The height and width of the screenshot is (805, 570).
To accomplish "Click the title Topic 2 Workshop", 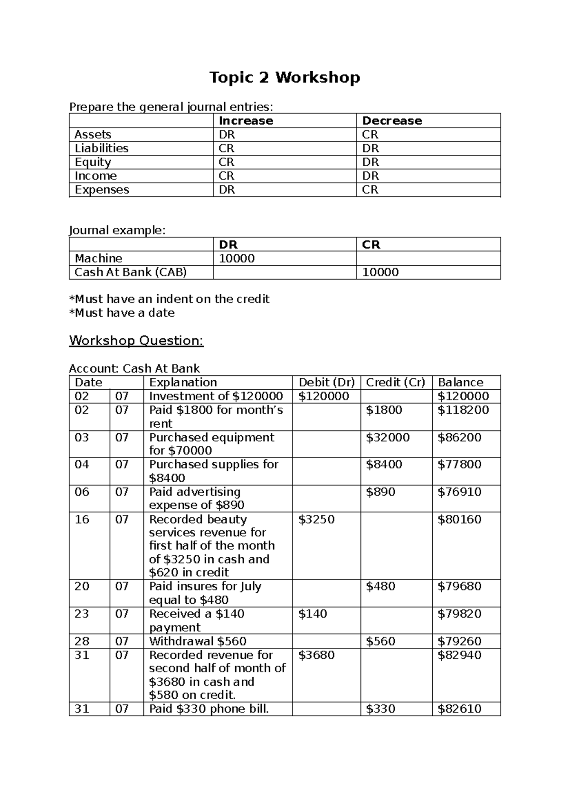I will coord(285,77).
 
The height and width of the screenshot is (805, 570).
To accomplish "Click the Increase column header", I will coord(246,121).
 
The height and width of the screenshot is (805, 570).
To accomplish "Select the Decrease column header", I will coord(392,121).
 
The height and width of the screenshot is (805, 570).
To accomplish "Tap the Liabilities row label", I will coord(102,148).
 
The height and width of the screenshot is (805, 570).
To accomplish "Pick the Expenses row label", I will coord(102,189).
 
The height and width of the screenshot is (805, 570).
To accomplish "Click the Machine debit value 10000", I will coord(237,258).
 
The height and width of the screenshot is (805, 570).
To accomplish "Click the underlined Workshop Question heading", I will coord(136,340).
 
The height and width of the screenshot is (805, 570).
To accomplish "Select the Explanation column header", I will coord(183,382).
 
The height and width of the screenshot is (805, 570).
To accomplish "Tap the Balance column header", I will coord(460,382).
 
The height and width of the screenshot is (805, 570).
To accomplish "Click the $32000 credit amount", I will coord(388,437).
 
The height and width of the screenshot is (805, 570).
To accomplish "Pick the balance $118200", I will coord(463,410).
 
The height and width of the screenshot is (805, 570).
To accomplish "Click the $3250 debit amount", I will coord(316,519).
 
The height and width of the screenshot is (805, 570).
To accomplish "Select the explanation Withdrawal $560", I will coord(198,641).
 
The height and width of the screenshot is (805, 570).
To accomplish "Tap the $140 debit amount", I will coord(313,614).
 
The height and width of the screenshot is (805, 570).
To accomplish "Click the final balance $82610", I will coord(459,709).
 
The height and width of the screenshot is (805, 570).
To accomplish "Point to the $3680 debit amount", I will coord(316,655).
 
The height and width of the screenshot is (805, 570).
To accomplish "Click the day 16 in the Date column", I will coord(82,519).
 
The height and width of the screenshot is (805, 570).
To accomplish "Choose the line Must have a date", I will coord(122,313).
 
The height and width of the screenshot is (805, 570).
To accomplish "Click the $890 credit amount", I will coord(380,492).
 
